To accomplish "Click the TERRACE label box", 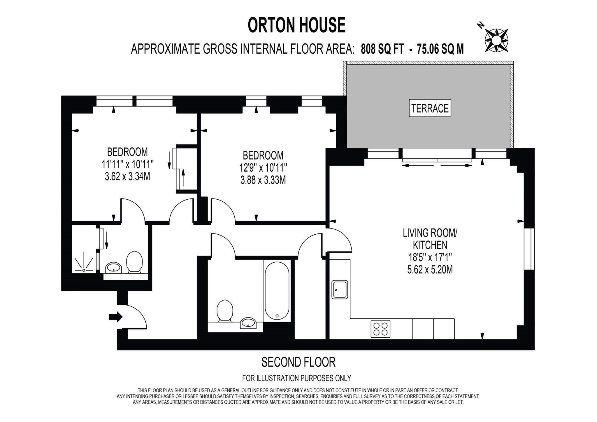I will pos(430,108).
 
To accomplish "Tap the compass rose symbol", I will pos(496,41).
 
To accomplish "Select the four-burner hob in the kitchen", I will pos(380,329).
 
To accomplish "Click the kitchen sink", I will pos(340,290).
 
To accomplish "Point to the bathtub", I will pos(277,291).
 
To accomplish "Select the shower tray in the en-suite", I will pos(84,261).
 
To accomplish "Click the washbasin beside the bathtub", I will pos(248,323).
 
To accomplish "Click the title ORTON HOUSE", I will pos(296,25).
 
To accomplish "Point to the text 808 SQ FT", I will pos(382,49).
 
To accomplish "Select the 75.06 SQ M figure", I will pos(440,49).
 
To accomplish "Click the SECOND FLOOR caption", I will pos(298,362).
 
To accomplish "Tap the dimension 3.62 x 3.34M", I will pos(127,177).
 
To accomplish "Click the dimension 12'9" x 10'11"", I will pos(263,168).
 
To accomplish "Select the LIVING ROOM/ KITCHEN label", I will pos(430,239).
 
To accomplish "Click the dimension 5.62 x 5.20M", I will pos(430,270).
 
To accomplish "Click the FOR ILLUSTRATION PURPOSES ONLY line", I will pos(296,378).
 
